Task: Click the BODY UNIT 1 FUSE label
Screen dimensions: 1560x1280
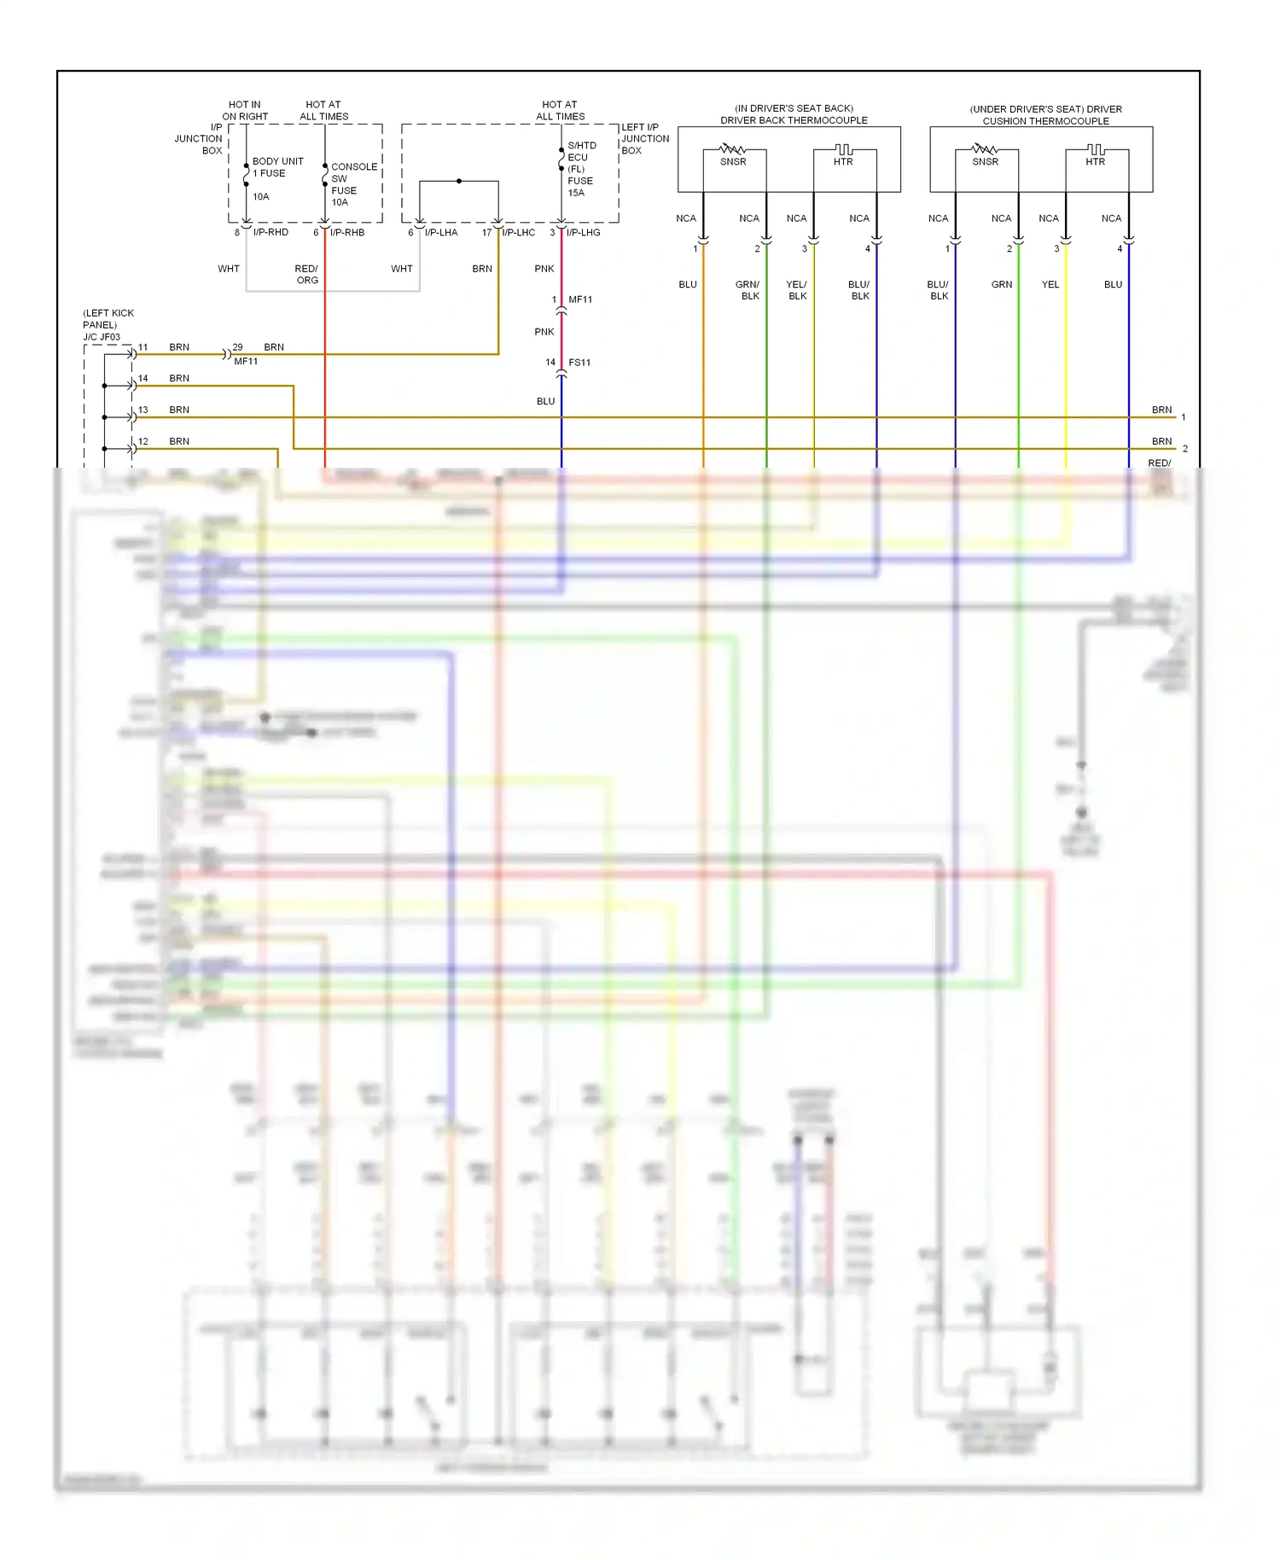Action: (x=277, y=167)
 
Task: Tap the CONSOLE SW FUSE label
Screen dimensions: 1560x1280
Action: (x=353, y=178)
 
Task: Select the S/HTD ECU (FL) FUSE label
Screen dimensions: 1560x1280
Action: (x=581, y=163)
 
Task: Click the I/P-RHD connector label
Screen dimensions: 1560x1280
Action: (x=271, y=232)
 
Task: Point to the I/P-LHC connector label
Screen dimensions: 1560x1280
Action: (x=518, y=232)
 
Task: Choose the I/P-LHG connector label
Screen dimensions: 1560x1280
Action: (x=583, y=232)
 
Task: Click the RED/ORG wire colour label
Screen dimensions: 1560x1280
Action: (x=306, y=274)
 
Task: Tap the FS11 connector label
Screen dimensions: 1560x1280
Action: (x=579, y=363)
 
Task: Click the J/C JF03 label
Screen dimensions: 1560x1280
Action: (x=102, y=337)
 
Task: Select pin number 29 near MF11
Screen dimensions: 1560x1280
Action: (x=237, y=347)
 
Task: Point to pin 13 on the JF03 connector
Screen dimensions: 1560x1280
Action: (x=143, y=410)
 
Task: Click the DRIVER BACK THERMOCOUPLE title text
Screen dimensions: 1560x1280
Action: (x=794, y=120)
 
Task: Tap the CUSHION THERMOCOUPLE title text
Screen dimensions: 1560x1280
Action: (x=1045, y=121)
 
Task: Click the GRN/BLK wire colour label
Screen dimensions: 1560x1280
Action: (x=748, y=290)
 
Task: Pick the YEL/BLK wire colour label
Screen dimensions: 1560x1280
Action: (x=797, y=290)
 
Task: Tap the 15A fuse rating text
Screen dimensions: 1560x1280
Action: (x=576, y=193)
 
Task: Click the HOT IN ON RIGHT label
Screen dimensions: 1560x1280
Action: (x=245, y=110)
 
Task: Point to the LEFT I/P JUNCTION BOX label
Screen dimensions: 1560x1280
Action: (x=645, y=138)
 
